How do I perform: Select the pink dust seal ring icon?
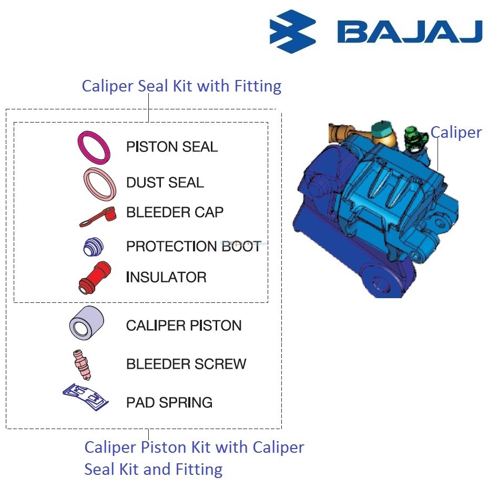(x=99, y=185)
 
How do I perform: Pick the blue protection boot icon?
(x=94, y=247)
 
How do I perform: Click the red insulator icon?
(x=94, y=277)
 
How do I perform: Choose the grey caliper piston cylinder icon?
(x=86, y=323)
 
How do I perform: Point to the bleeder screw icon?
(x=83, y=364)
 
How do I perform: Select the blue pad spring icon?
(x=86, y=397)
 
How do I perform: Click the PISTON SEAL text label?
(x=171, y=147)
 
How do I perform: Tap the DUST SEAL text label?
(x=165, y=182)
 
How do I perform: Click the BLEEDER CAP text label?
(x=175, y=212)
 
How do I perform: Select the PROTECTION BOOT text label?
(x=193, y=246)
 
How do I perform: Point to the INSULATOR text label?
(x=166, y=277)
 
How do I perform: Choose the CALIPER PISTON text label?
(x=184, y=326)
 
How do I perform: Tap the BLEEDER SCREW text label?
(x=186, y=364)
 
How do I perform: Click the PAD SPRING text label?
(x=169, y=403)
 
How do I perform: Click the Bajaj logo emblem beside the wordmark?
(x=292, y=31)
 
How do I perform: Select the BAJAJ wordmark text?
(x=409, y=32)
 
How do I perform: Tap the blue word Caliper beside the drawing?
(x=455, y=133)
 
